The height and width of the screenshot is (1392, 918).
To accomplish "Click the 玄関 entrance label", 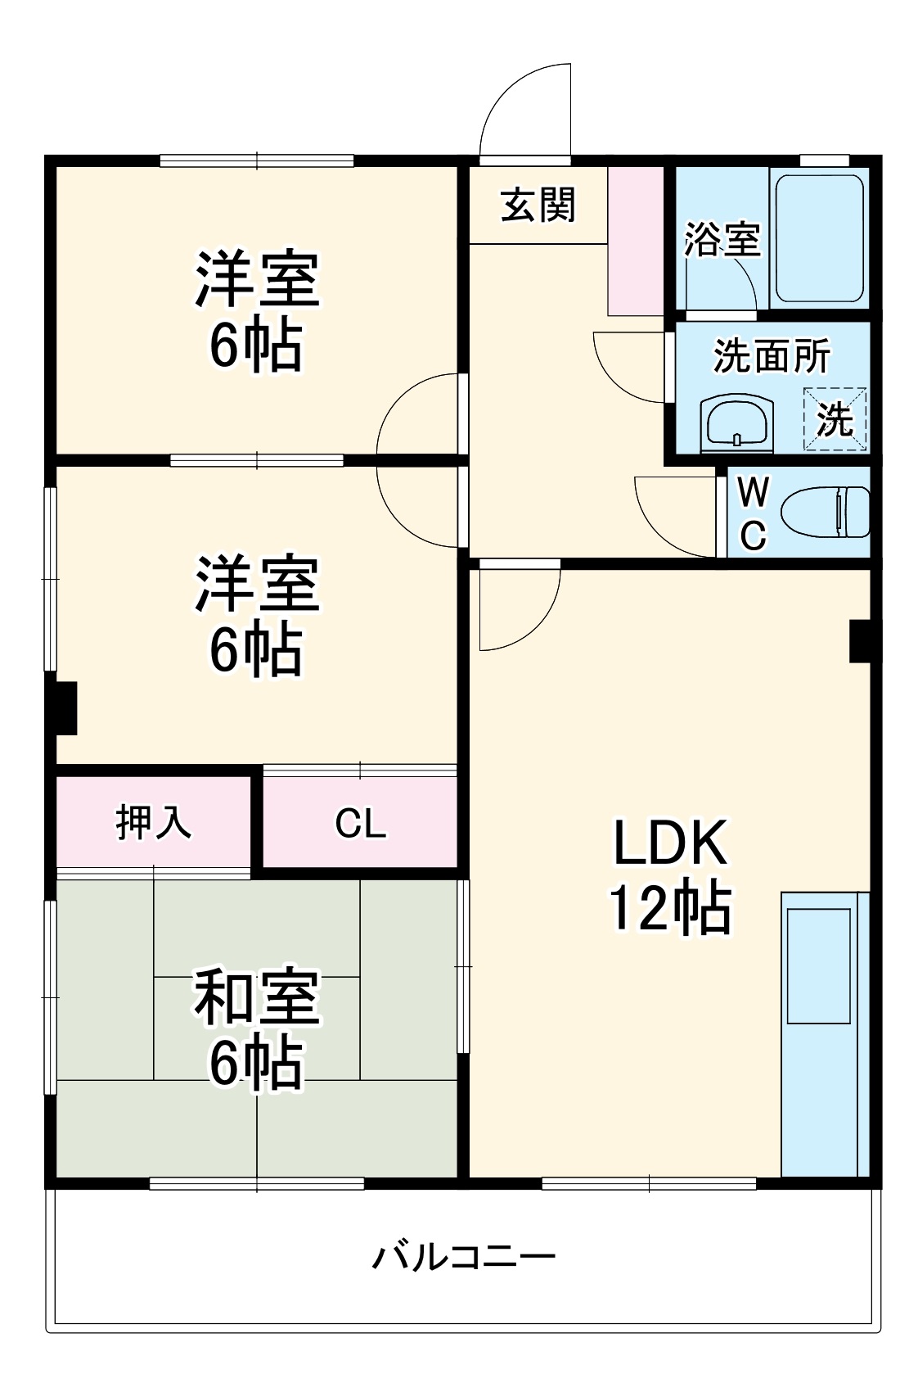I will pyautogui.click(x=538, y=205).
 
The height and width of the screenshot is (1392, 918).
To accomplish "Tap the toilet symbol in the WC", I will pyautogui.click(x=825, y=513).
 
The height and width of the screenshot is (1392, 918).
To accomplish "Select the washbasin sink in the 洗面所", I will pyautogui.click(x=736, y=423).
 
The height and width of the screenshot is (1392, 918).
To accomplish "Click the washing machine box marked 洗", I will pyautogui.click(x=835, y=419).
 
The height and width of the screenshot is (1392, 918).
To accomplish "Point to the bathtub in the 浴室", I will pyautogui.click(x=819, y=237).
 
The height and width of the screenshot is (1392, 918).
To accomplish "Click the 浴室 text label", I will pyautogui.click(x=722, y=239).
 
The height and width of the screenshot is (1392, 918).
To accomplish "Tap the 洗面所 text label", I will pyautogui.click(x=771, y=355).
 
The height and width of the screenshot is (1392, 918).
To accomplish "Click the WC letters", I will pyautogui.click(x=753, y=514).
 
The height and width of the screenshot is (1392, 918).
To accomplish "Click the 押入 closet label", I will pyautogui.click(x=153, y=821).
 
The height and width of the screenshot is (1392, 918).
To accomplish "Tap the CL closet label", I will pyautogui.click(x=360, y=823).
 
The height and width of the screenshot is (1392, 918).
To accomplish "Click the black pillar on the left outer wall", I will pyautogui.click(x=65, y=707).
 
